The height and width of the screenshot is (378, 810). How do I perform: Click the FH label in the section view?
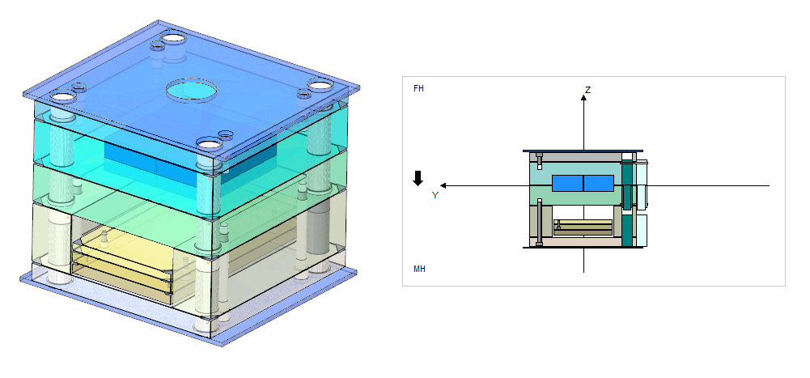pos(418,87)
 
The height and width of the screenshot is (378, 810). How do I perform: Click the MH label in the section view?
pos(419,269)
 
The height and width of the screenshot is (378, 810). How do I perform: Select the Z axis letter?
pos(587,90)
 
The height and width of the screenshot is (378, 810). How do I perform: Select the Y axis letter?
pos(435,195)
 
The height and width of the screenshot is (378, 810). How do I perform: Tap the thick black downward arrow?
pos(418,178)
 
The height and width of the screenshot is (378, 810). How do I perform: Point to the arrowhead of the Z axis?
pos(583,97)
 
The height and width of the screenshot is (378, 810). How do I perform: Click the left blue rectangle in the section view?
pos(567,184)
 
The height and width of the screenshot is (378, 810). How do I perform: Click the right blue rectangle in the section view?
pos(598,184)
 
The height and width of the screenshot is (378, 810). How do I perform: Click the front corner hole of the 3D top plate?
pos(210,145)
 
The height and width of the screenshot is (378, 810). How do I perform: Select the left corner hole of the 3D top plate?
pos(62,98)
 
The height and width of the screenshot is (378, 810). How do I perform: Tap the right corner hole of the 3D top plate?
pos(319,85)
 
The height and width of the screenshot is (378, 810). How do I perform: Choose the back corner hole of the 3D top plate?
pos(172,37)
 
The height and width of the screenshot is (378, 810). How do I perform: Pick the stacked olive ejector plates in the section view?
pos(583,227)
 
